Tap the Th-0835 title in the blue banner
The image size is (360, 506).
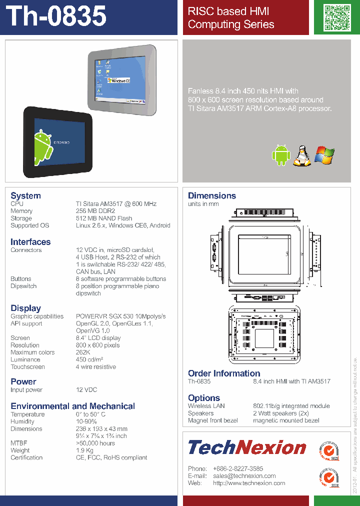click(x=57, y=16)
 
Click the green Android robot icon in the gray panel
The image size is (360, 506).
click(x=280, y=155)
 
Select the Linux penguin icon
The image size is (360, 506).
click(x=301, y=155)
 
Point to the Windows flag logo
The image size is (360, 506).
click(x=324, y=155)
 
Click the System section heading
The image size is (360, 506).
click(x=25, y=195)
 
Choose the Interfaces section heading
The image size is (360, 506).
click(x=30, y=242)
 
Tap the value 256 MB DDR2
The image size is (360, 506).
click(x=95, y=211)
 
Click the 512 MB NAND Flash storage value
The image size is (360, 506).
click(x=104, y=218)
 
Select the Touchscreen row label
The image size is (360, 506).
click(x=27, y=367)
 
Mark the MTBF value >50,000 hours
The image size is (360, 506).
click(x=95, y=443)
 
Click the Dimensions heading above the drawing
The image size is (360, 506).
click(x=212, y=195)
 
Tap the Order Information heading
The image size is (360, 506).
click(x=224, y=373)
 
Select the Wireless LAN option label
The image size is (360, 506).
click(x=206, y=406)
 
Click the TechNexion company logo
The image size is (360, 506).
click(x=247, y=447)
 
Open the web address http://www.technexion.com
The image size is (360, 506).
click(x=249, y=483)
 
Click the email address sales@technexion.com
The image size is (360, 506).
click(x=244, y=476)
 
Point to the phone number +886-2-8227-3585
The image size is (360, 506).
click(x=238, y=468)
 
